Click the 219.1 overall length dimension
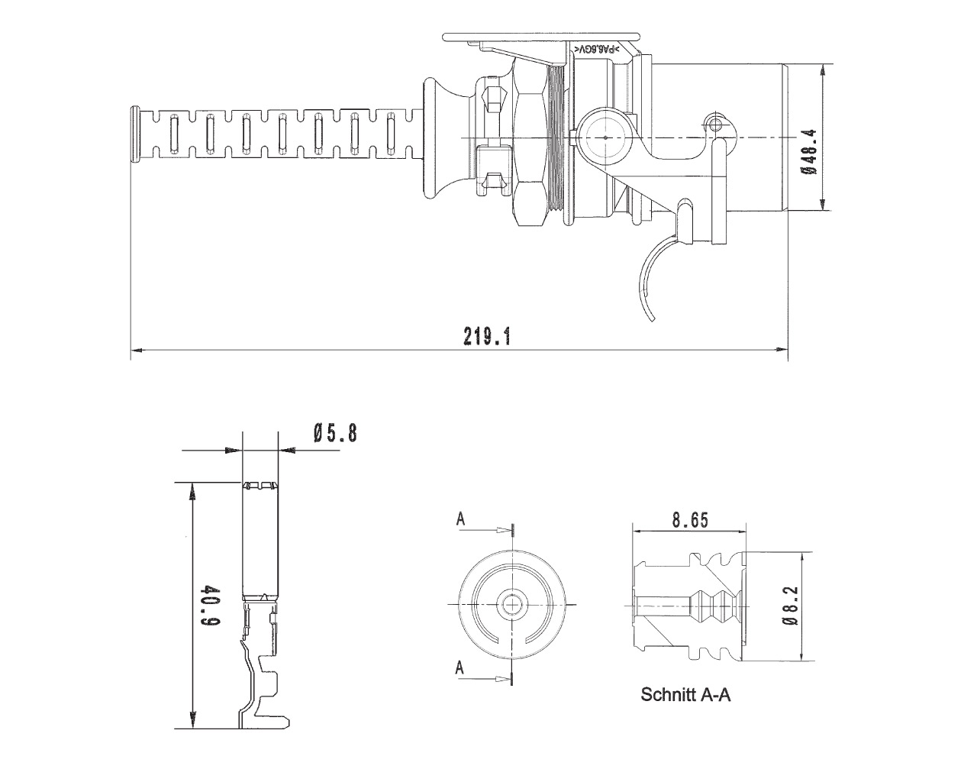(486, 337)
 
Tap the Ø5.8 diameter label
(334, 434)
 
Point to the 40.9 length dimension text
(211, 606)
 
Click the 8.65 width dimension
(690, 521)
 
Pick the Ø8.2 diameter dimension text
(791, 606)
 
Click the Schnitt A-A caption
(685, 695)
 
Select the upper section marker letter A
(461, 519)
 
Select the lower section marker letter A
(461, 667)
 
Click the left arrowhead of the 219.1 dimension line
(136, 351)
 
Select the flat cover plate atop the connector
(542, 36)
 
